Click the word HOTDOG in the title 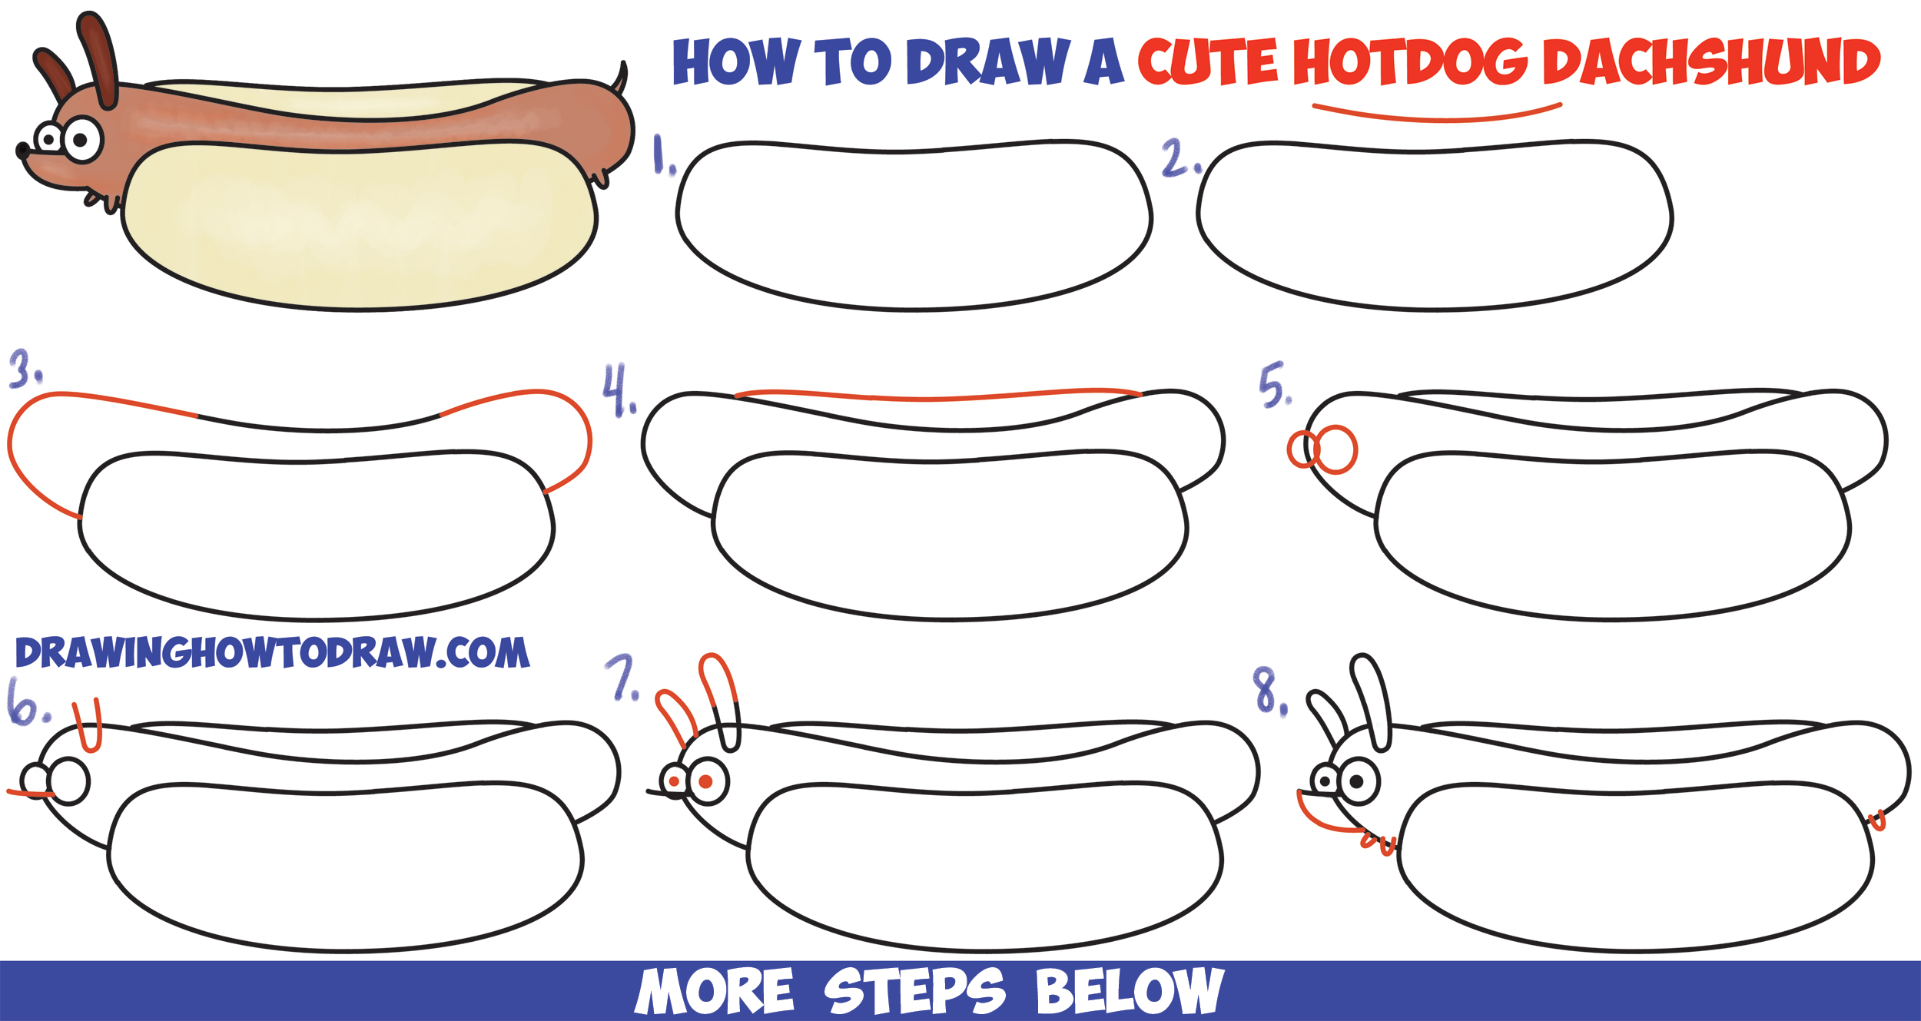(1410, 63)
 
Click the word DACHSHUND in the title (1710, 63)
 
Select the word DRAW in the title (988, 63)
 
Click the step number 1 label (662, 156)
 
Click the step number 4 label (617, 391)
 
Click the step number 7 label (621, 678)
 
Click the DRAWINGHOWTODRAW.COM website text (272, 653)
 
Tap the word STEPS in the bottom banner (914, 991)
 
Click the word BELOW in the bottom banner (1130, 991)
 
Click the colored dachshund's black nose (22, 151)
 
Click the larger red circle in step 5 (1337, 450)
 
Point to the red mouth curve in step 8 (1319, 819)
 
